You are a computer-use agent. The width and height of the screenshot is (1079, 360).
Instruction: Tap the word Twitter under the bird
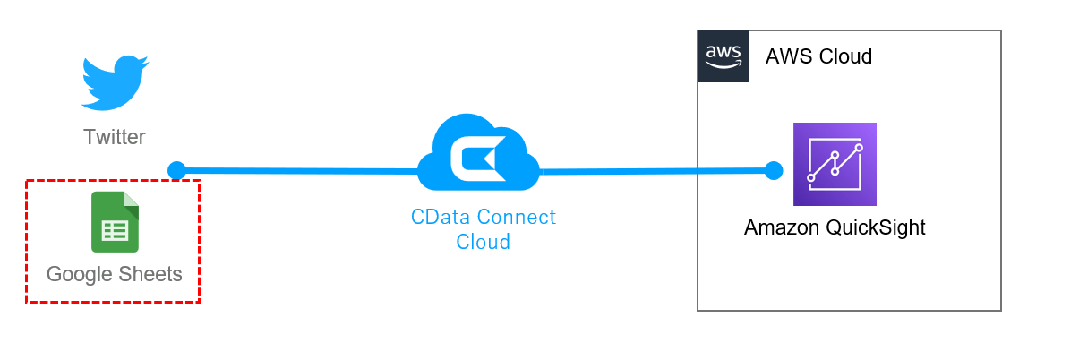(114, 137)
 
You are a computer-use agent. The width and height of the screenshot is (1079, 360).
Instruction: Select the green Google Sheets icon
(115, 222)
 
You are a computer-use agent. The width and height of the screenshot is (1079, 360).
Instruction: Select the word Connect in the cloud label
(516, 217)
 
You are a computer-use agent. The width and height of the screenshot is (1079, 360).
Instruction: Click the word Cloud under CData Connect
(483, 241)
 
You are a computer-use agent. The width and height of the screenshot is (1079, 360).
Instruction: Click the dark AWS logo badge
(724, 56)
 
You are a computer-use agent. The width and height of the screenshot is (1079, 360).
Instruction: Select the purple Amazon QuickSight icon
(835, 164)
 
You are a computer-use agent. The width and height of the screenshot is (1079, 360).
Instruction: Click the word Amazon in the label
(782, 227)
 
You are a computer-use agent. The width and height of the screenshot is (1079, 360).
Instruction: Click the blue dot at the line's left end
(176, 170)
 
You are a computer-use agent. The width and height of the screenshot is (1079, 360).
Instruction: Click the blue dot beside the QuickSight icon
(774, 170)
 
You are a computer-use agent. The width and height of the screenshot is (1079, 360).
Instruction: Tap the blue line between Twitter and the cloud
(295, 170)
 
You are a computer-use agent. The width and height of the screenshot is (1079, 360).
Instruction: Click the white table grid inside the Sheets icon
(115, 230)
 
